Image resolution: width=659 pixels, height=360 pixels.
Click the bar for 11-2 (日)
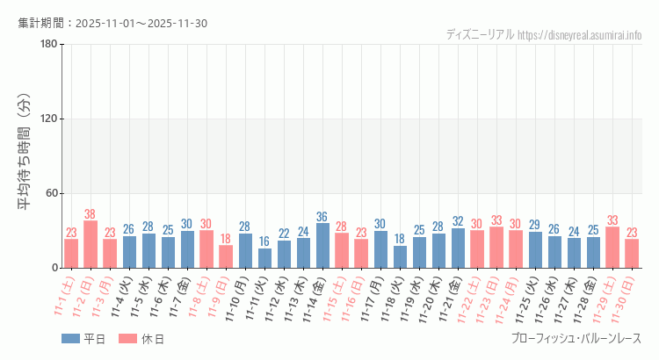(x=91, y=244)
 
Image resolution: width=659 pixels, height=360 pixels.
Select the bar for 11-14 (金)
(x=322, y=246)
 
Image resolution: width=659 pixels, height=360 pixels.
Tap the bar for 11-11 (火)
(x=264, y=258)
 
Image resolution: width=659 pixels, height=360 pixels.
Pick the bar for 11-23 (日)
(x=496, y=248)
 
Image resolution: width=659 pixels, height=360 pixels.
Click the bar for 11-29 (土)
(x=612, y=248)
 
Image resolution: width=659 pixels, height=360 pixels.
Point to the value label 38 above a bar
(x=91, y=214)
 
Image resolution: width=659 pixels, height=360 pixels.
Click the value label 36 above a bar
(x=322, y=217)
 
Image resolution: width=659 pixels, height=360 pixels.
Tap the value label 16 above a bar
(x=264, y=241)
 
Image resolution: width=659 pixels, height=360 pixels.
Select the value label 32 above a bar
(x=458, y=221)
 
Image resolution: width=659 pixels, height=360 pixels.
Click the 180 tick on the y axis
(x=49, y=45)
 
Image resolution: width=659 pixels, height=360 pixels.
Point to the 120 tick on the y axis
(x=49, y=119)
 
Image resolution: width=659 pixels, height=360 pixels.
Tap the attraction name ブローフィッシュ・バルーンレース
(x=576, y=338)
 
